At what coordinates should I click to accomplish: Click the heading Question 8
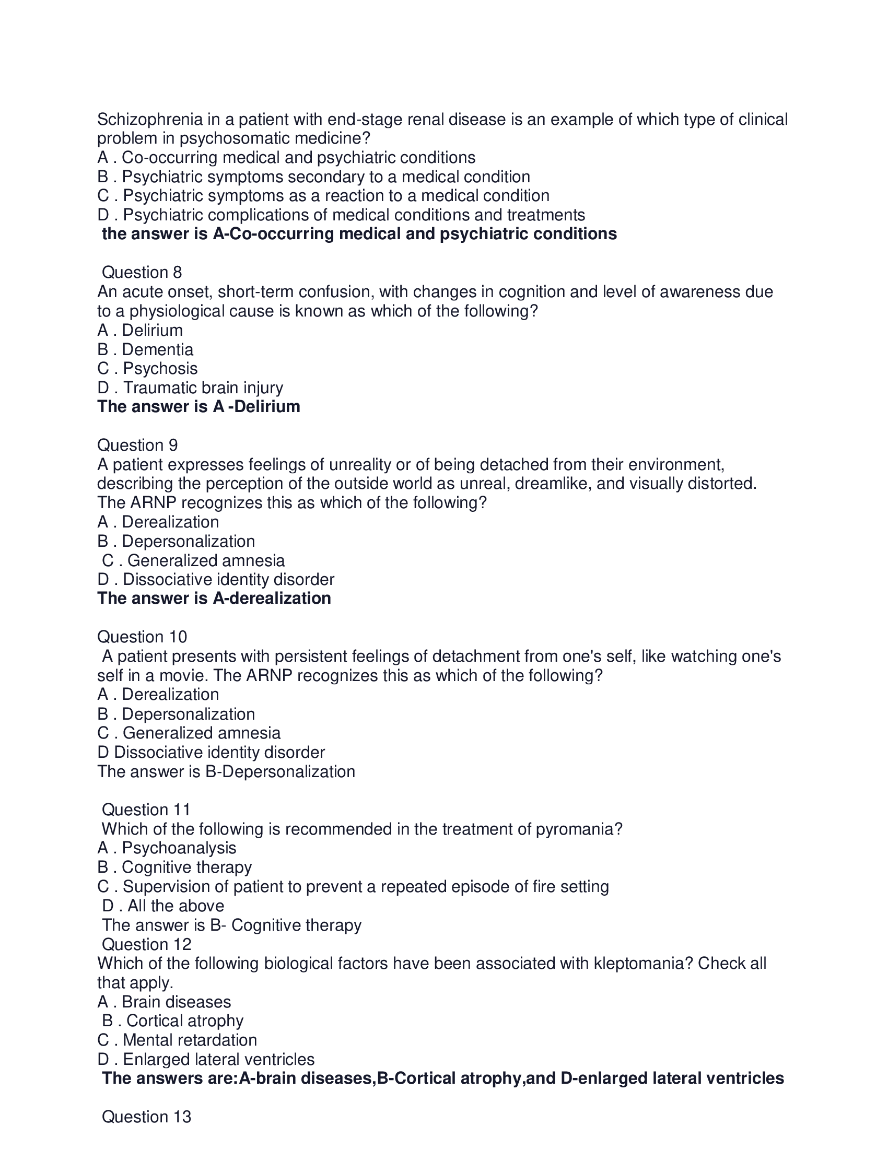142,273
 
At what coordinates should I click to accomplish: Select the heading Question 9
137,445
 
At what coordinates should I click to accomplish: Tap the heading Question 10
142,637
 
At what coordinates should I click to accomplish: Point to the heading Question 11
146,810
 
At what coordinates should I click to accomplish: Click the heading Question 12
146,944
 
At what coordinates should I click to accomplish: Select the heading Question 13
146,1117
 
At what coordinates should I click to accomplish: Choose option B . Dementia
145,349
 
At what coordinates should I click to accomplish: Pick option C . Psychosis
147,368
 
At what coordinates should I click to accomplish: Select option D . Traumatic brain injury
190,388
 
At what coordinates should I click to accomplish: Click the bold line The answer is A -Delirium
198,407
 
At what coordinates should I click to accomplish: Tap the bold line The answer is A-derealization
214,599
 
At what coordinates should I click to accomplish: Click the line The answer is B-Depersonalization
226,771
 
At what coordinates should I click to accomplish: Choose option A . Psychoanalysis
167,848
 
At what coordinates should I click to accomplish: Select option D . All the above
163,906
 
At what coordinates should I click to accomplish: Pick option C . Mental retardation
177,1040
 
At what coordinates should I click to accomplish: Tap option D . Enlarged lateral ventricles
206,1059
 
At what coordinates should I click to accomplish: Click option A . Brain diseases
164,1002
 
